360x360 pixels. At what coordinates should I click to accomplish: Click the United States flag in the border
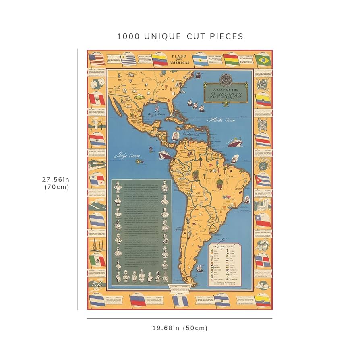97,60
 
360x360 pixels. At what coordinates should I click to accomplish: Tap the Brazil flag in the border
263,60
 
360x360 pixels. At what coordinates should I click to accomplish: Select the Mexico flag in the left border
97,261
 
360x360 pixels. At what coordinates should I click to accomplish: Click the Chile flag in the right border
263,220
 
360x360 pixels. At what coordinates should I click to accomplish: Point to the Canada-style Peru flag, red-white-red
97,99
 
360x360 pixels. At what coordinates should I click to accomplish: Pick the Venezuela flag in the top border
159,60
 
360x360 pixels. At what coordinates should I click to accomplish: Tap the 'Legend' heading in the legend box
225,245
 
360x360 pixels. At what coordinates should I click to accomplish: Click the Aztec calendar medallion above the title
225,79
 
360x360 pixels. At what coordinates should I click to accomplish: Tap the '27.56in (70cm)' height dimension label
56,183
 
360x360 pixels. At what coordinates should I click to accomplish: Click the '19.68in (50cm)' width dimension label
180,328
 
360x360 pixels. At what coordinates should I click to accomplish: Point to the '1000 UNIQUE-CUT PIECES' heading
180,36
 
